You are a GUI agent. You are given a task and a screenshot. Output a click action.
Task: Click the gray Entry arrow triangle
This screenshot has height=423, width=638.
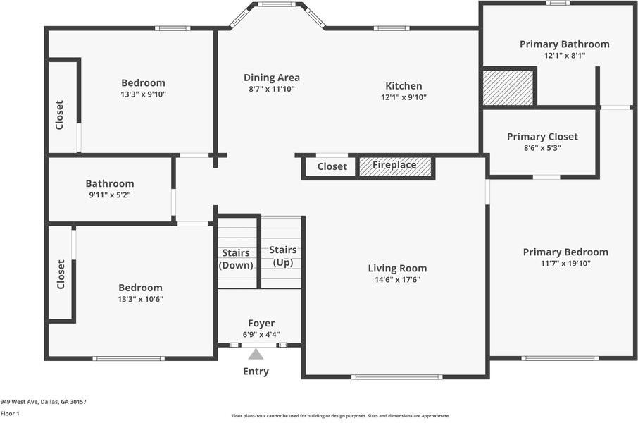click(256, 354)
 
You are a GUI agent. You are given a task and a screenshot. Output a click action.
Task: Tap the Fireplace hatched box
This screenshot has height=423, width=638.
click(395, 166)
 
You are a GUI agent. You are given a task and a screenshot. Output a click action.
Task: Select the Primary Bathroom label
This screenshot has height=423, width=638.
click(565, 44)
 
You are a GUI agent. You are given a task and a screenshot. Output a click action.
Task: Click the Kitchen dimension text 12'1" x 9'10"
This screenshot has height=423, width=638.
click(404, 97)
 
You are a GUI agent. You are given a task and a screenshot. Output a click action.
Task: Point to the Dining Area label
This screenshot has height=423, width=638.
click(272, 78)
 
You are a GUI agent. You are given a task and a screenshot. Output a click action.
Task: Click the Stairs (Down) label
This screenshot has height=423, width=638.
click(236, 259)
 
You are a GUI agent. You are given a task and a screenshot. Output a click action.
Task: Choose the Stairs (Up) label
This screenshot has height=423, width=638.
click(283, 256)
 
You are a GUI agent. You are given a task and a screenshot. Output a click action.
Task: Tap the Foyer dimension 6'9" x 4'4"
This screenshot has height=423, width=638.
click(261, 335)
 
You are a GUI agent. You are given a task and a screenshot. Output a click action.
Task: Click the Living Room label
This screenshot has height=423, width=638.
click(398, 269)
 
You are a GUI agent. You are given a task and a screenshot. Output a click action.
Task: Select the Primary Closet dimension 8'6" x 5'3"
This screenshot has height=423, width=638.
click(542, 148)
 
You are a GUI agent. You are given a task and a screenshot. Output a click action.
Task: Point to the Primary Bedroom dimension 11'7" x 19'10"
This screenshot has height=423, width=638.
click(565, 264)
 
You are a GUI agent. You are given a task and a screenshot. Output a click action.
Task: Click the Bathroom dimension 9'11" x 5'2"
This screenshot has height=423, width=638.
click(110, 195)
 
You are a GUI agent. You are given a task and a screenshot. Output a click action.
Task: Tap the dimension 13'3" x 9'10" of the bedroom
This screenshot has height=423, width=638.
click(143, 94)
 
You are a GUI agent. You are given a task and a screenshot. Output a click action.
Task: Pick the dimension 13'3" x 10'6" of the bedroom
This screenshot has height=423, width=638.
click(140, 299)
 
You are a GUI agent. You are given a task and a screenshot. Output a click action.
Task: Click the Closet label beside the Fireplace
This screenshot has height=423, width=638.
click(332, 166)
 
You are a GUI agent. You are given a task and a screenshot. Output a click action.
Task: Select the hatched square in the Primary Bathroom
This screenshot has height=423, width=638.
click(508, 88)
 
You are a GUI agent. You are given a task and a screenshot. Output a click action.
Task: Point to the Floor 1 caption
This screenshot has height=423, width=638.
click(10, 414)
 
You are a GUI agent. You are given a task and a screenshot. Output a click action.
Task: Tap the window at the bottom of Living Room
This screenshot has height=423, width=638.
click(396, 377)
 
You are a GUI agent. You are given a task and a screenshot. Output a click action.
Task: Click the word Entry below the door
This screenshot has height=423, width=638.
click(256, 372)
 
